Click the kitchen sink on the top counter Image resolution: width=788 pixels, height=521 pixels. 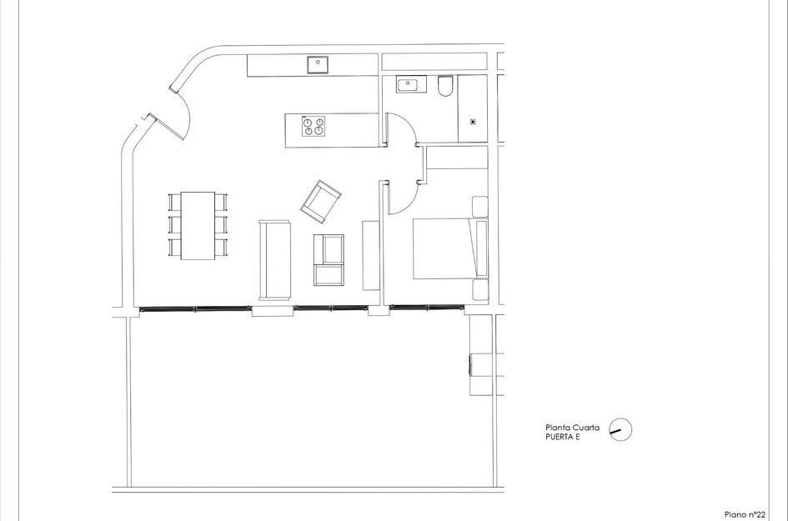click(x=317, y=63)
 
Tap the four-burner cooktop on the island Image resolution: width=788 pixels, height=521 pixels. click(x=314, y=126)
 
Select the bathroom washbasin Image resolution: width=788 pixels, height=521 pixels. click(x=409, y=84)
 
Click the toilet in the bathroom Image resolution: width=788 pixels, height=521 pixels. click(x=444, y=86)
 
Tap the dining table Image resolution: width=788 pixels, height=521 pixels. click(x=198, y=225)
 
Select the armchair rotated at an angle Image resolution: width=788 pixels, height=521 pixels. click(x=321, y=201)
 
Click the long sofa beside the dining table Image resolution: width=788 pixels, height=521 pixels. click(x=274, y=259)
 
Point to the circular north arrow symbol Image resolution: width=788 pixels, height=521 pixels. click(x=620, y=429)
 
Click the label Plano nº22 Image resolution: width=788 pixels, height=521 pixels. click(x=745, y=514)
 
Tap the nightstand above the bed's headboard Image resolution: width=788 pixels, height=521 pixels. click(x=480, y=207)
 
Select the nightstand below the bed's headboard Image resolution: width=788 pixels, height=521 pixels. click(x=480, y=290)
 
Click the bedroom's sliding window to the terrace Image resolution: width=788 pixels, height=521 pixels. click(x=427, y=307)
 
